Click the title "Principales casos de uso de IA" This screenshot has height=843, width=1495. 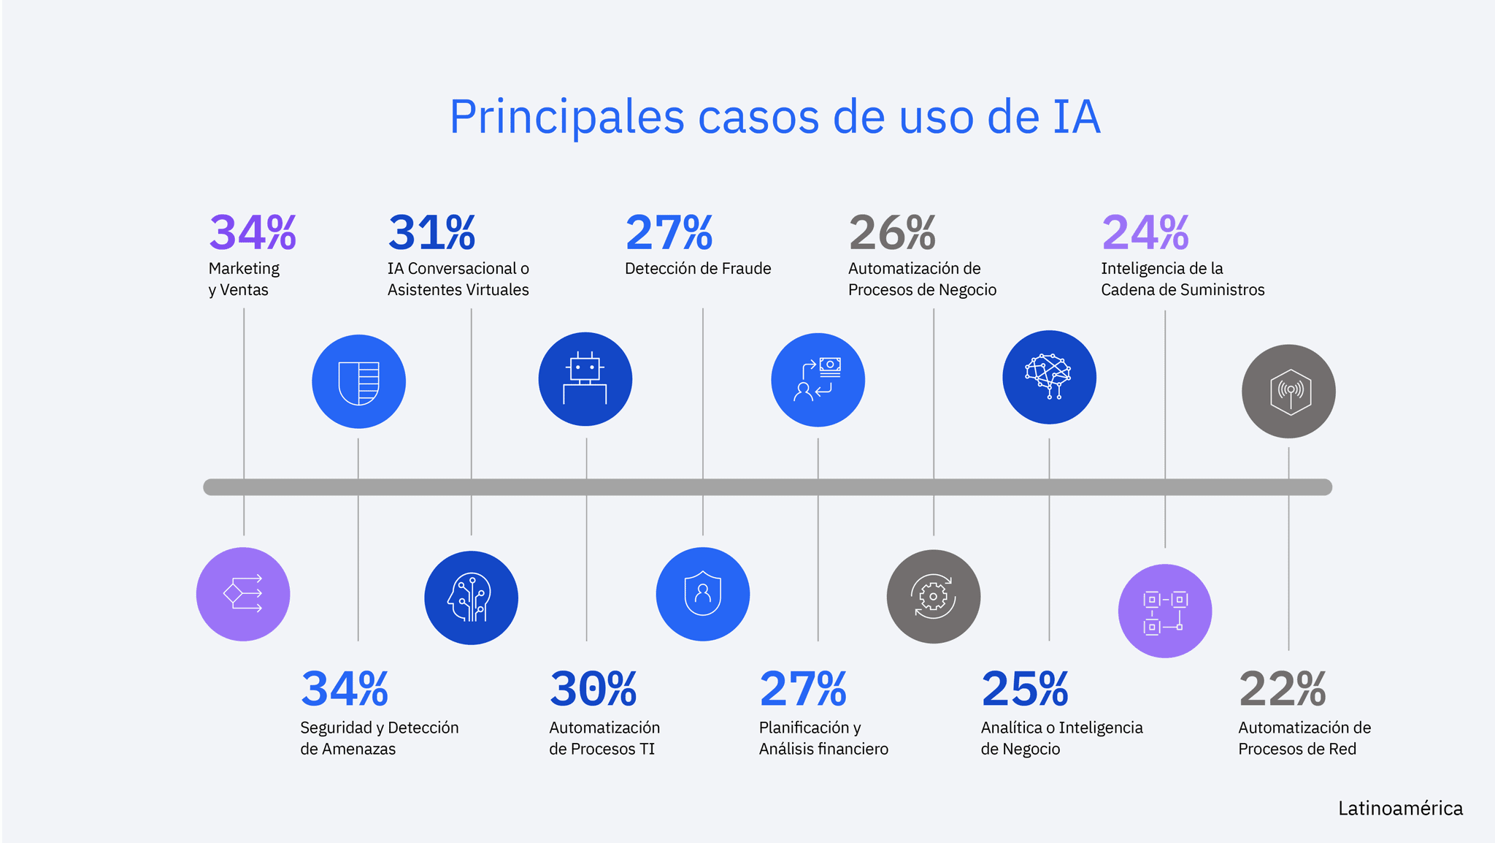775,117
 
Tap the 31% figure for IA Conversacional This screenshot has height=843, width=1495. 431,233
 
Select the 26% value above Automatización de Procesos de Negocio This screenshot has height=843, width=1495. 892,233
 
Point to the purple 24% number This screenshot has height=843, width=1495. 1145,233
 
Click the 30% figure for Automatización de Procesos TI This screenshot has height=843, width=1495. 593,689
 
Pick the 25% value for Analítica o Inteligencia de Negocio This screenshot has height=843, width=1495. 1024,689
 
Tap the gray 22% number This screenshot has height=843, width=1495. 1282,689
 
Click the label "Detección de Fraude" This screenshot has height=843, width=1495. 698,269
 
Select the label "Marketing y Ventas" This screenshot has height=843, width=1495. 244,279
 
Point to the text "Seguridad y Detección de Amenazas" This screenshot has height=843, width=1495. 379,738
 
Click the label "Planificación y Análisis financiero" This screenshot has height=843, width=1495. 823,738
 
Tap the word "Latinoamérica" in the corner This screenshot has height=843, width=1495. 1400,809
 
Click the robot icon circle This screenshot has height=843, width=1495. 585,379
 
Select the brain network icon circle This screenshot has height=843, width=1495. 1049,377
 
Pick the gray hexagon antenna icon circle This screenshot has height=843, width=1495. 1288,392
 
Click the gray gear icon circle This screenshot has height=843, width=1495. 934,597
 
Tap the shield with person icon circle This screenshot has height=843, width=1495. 703,594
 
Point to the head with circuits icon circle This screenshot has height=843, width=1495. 471,598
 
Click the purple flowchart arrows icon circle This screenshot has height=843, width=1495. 243,594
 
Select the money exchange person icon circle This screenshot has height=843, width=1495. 818,380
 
